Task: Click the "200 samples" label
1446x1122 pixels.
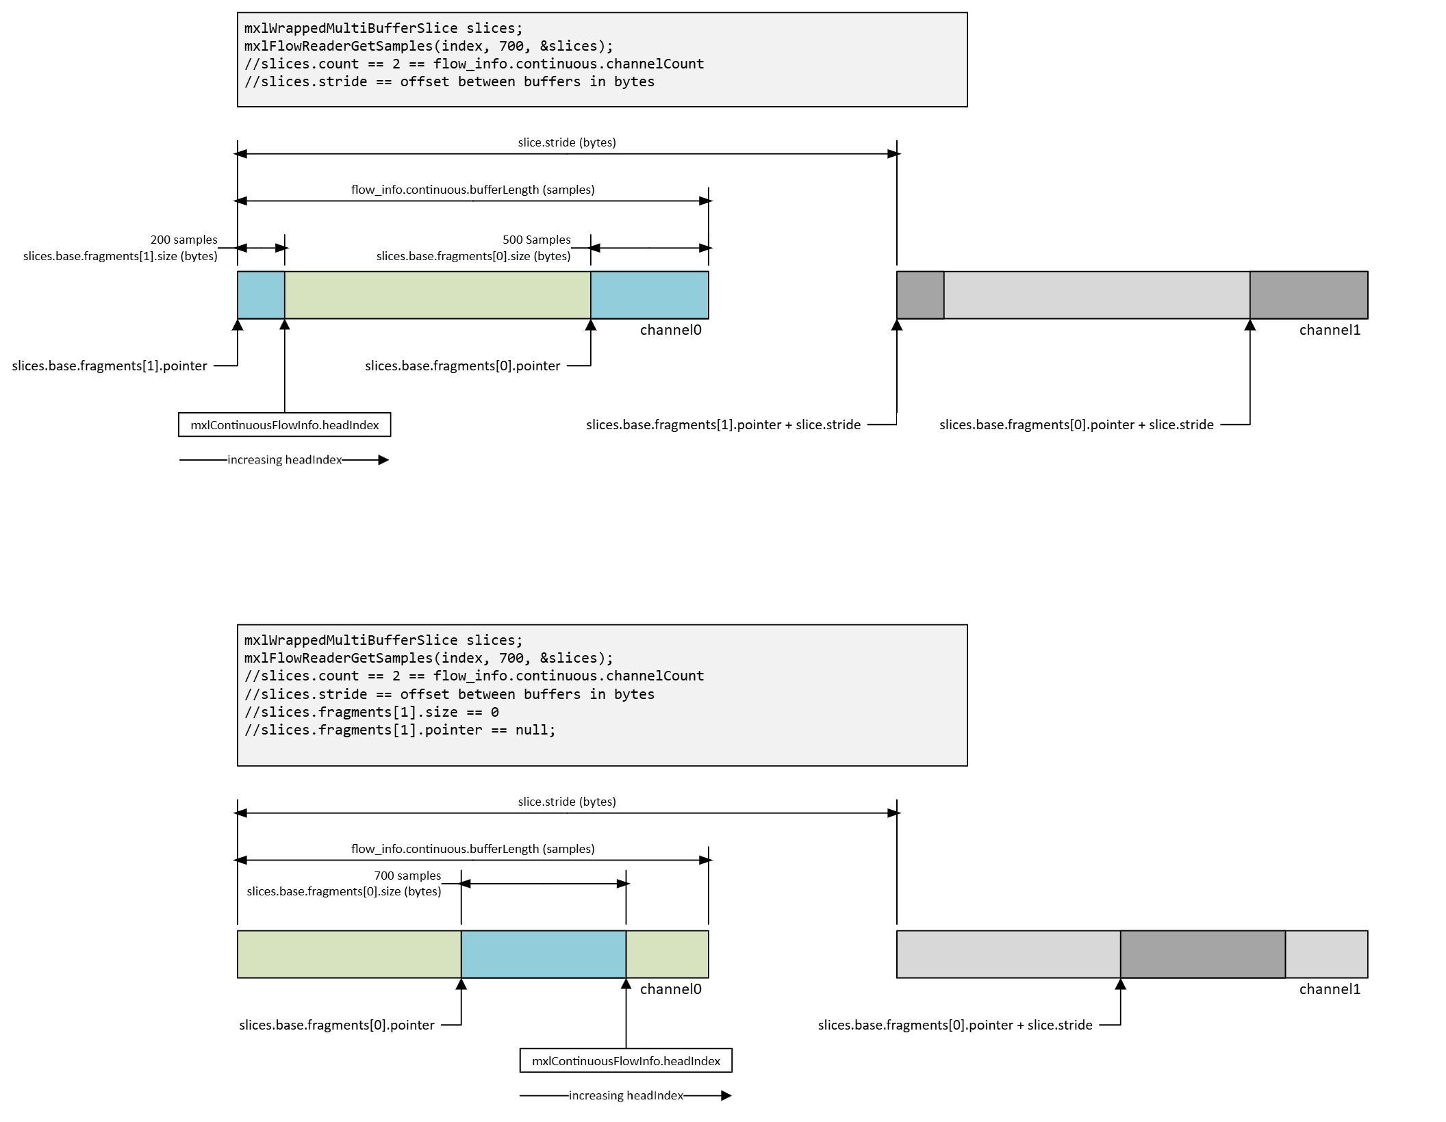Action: [x=183, y=240]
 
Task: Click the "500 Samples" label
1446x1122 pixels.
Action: [x=536, y=240]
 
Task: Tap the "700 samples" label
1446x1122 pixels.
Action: [x=407, y=876]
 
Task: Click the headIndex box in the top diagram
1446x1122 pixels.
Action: [x=284, y=425]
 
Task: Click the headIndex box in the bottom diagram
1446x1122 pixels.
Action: [x=626, y=1061]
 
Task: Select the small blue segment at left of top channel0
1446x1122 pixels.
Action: [x=261, y=295]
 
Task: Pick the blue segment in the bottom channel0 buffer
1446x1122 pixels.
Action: [x=543, y=954]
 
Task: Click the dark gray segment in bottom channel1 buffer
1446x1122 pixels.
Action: [x=1202, y=954]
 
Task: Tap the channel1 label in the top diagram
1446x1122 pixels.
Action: [x=1330, y=330]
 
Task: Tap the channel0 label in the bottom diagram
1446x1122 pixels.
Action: [x=670, y=989]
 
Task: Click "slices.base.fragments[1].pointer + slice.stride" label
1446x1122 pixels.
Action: [x=723, y=424]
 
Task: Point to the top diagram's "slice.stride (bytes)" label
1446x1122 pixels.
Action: [x=567, y=142]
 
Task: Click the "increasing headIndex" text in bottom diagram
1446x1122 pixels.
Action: [x=626, y=1096]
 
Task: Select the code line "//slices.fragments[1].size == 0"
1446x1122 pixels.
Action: [x=372, y=712]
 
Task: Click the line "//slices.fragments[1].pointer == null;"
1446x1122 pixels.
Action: [x=400, y=730]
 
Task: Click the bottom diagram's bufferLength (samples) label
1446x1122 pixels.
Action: [x=472, y=849]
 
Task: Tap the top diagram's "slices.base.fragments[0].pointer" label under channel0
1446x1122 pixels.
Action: [x=462, y=366]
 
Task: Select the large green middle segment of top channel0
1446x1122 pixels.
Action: [x=437, y=295]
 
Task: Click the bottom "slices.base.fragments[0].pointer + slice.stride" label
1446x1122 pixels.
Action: [x=955, y=1025]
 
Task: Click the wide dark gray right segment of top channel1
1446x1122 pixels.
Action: [x=1308, y=295]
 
